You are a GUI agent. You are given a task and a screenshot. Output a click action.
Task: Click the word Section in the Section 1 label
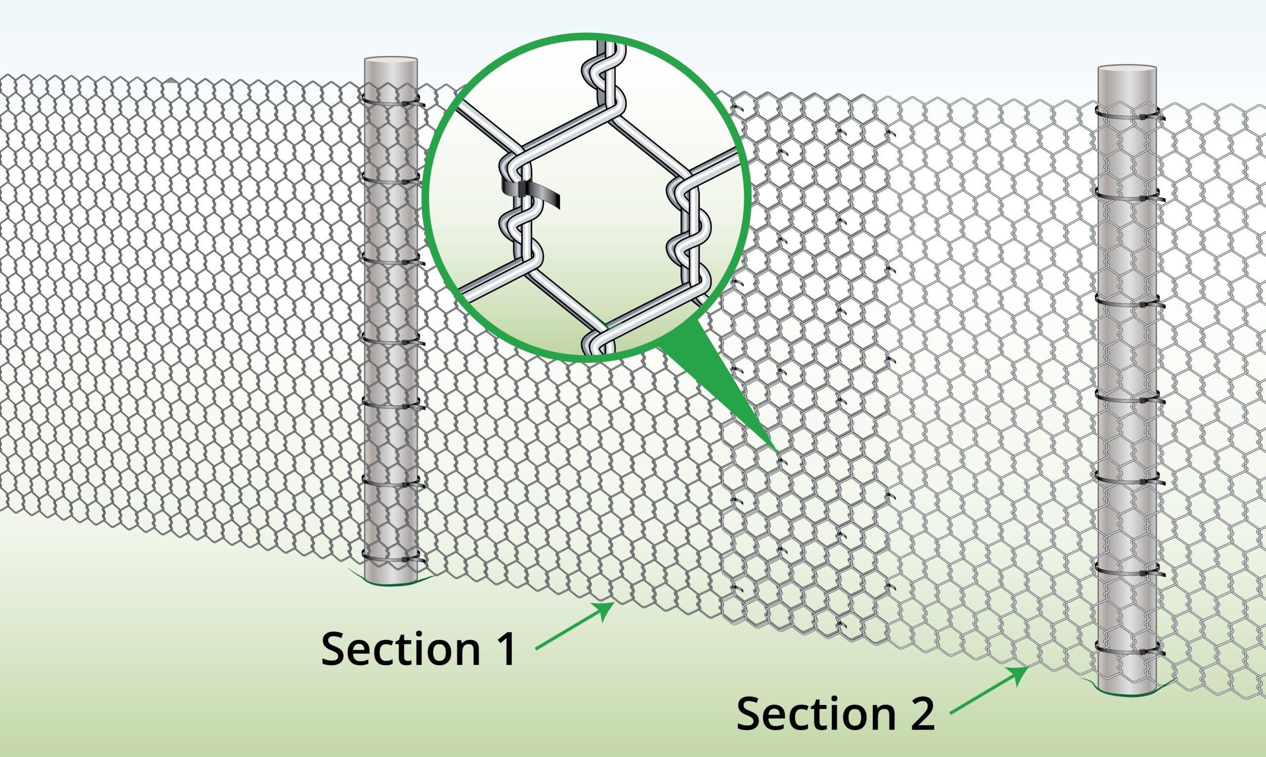click(x=401, y=649)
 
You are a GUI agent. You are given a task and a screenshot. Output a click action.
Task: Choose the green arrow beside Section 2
click(x=989, y=690)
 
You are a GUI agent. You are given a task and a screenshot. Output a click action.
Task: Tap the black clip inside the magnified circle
click(x=531, y=192)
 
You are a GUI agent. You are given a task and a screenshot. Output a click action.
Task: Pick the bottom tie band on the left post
click(x=393, y=558)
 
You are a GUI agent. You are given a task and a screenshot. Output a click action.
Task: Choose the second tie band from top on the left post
click(x=393, y=180)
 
